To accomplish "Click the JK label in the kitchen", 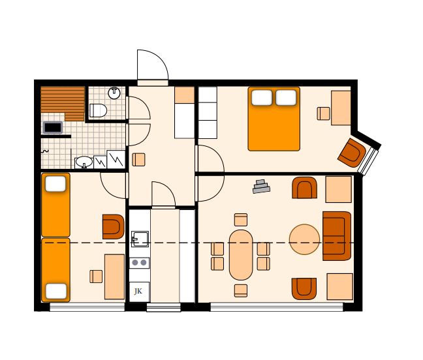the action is [138, 291].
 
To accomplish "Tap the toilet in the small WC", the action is [98, 110].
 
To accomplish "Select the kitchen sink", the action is [140, 239].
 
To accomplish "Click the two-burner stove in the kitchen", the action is [139, 262].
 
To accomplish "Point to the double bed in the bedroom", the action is [274, 119].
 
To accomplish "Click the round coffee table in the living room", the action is [305, 239].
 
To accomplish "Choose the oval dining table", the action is [241, 254].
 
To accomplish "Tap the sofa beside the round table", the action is [337, 236].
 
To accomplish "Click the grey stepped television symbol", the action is [261, 187].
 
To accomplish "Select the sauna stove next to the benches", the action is [53, 127].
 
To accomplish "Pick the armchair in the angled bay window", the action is [352, 153].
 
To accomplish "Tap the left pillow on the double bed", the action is [262, 98].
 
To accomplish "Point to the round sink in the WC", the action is [114, 93].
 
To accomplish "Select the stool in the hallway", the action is [138, 160].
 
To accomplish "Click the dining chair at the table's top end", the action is [241, 220].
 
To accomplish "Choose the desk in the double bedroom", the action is [341, 108].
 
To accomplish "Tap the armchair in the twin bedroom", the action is [114, 226].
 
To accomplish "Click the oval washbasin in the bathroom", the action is [84, 162].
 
